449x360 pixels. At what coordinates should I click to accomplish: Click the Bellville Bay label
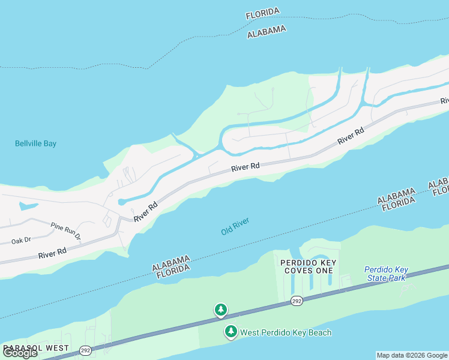tap(35, 143)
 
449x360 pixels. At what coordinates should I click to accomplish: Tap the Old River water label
tap(235, 226)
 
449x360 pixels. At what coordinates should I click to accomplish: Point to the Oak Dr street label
tap(20, 241)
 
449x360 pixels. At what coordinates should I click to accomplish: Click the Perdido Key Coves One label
tap(308, 267)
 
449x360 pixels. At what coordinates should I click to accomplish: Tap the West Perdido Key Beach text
tap(286, 332)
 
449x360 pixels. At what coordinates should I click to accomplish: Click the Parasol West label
tap(36, 348)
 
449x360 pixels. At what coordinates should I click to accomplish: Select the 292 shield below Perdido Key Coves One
tap(297, 300)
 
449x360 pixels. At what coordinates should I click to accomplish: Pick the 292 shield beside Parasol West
tap(86, 349)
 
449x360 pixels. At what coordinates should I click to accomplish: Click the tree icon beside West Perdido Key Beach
tap(231, 331)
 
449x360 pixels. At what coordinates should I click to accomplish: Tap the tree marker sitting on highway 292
tap(221, 310)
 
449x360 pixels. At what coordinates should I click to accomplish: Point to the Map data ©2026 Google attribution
tap(412, 355)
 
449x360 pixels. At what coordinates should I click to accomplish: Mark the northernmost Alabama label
tap(267, 32)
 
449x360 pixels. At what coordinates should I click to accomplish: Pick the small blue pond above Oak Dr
tap(28, 206)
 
